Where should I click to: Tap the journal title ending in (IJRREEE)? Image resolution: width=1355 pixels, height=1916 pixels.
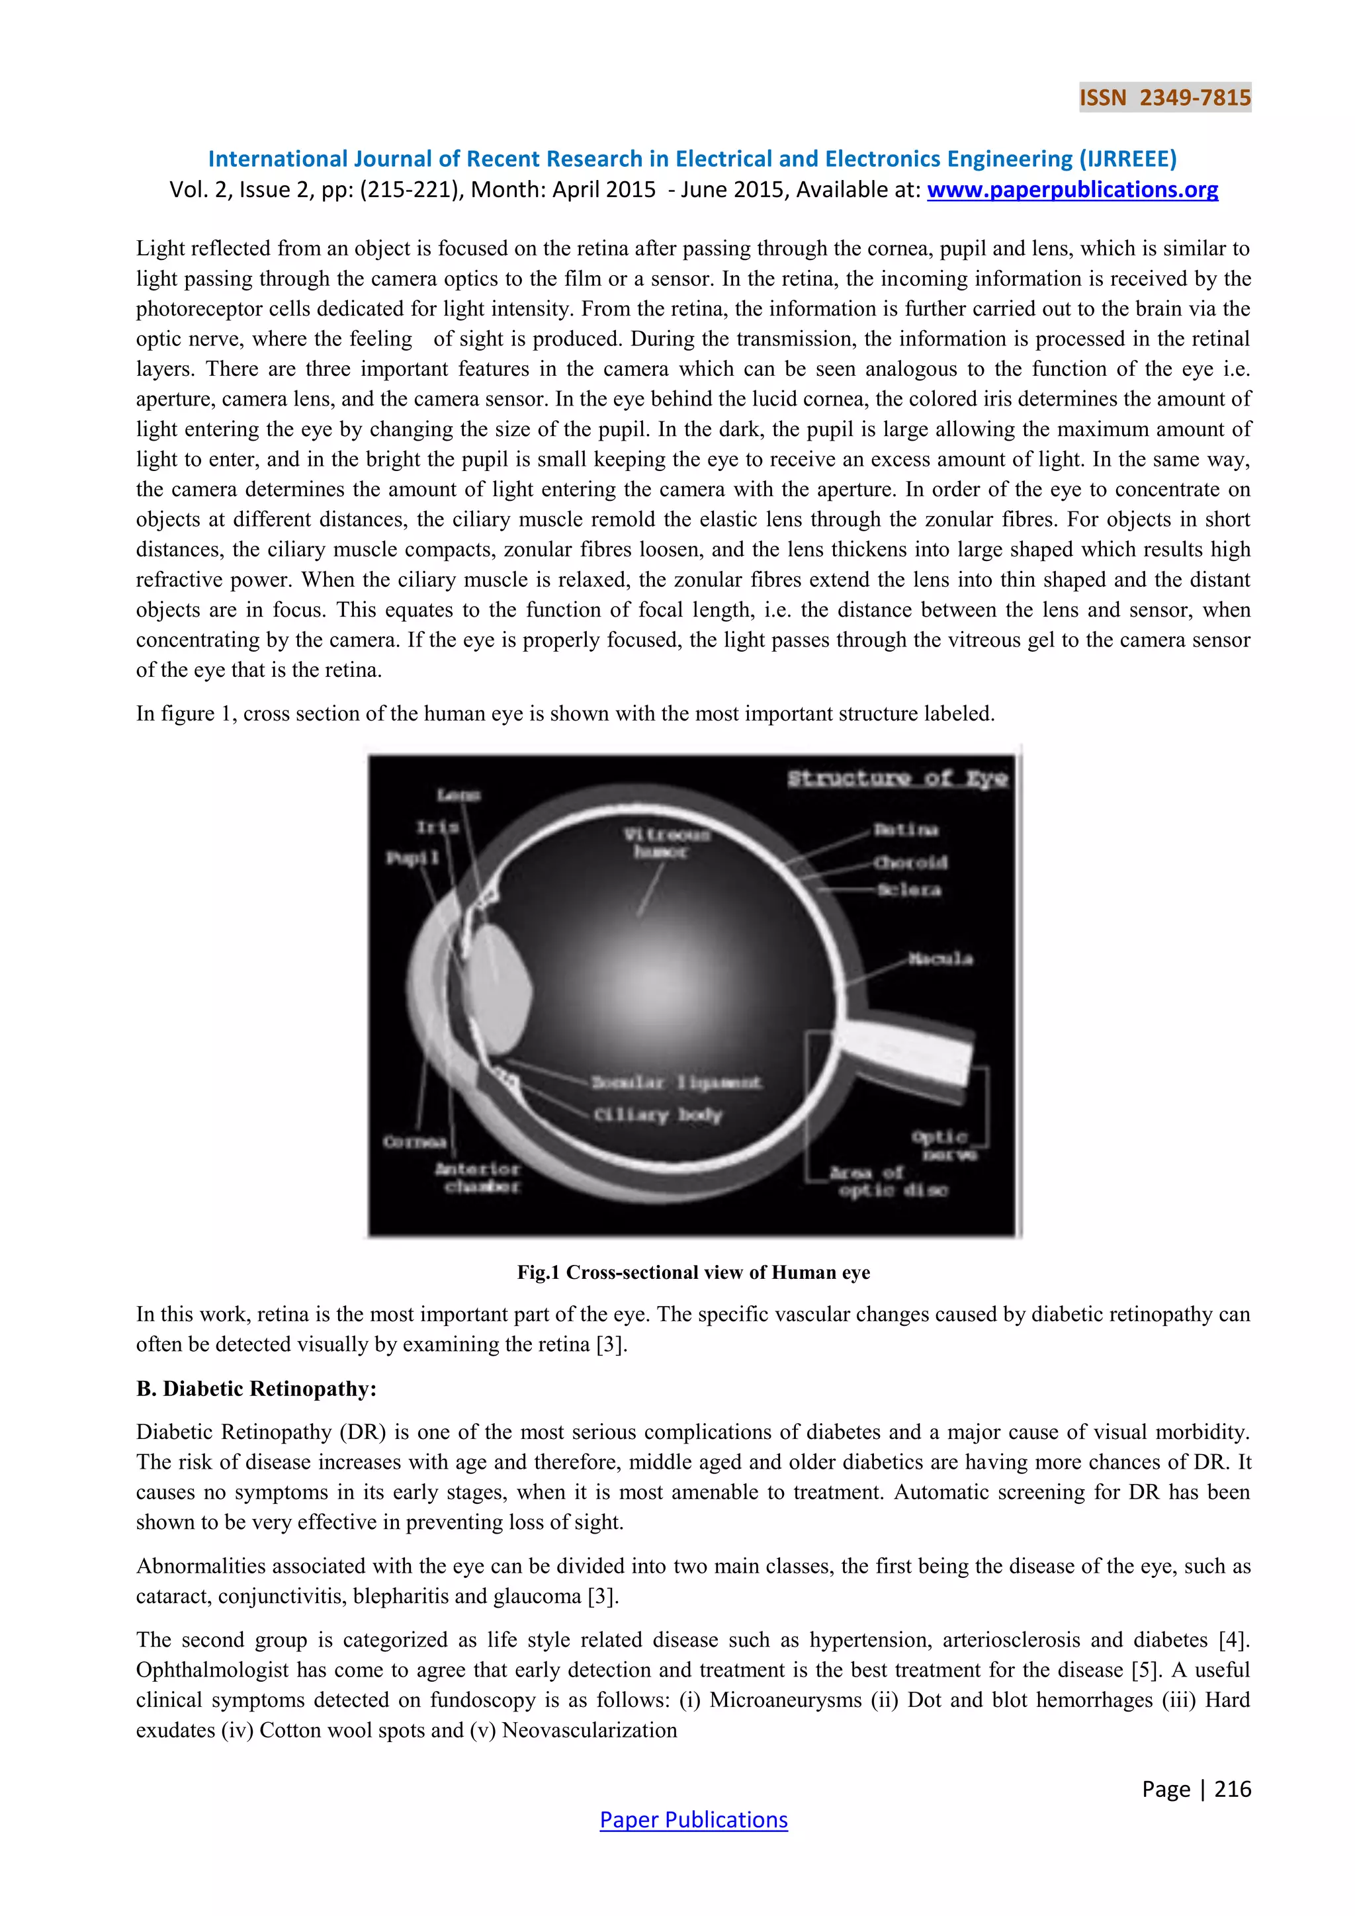pyautogui.click(x=693, y=159)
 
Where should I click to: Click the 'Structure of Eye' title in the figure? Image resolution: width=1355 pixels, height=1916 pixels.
pyautogui.click(x=898, y=779)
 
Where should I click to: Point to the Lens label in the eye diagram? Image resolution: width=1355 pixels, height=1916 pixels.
pyautogui.click(x=458, y=795)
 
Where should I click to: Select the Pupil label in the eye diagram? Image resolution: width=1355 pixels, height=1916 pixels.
pyautogui.click(x=412, y=858)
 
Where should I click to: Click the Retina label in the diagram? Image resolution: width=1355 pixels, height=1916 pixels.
pyautogui.click(x=906, y=830)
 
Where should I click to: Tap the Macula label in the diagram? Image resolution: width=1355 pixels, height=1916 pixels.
pyautogui.click(x=940, y=959)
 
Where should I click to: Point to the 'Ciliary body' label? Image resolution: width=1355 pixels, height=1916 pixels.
pyautogui.click(x=658, y=1115)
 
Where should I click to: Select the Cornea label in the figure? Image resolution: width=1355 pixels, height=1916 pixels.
pyautogui.click(x=415, y=1141)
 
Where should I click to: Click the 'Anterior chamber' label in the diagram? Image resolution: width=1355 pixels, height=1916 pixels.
pyautogui.click(x=478, y=1178)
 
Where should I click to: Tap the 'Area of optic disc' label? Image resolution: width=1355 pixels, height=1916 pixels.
pyautogui.click(x=889, y=1182)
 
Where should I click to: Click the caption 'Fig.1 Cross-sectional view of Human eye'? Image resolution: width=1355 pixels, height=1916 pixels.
pyautogui.click(x=693, y=1273)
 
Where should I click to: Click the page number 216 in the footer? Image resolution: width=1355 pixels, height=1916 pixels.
pyautogui.click(x=1231, y=1789)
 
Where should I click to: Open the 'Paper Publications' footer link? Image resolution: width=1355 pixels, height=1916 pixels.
pyautogui.click(x=693, y=1820)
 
